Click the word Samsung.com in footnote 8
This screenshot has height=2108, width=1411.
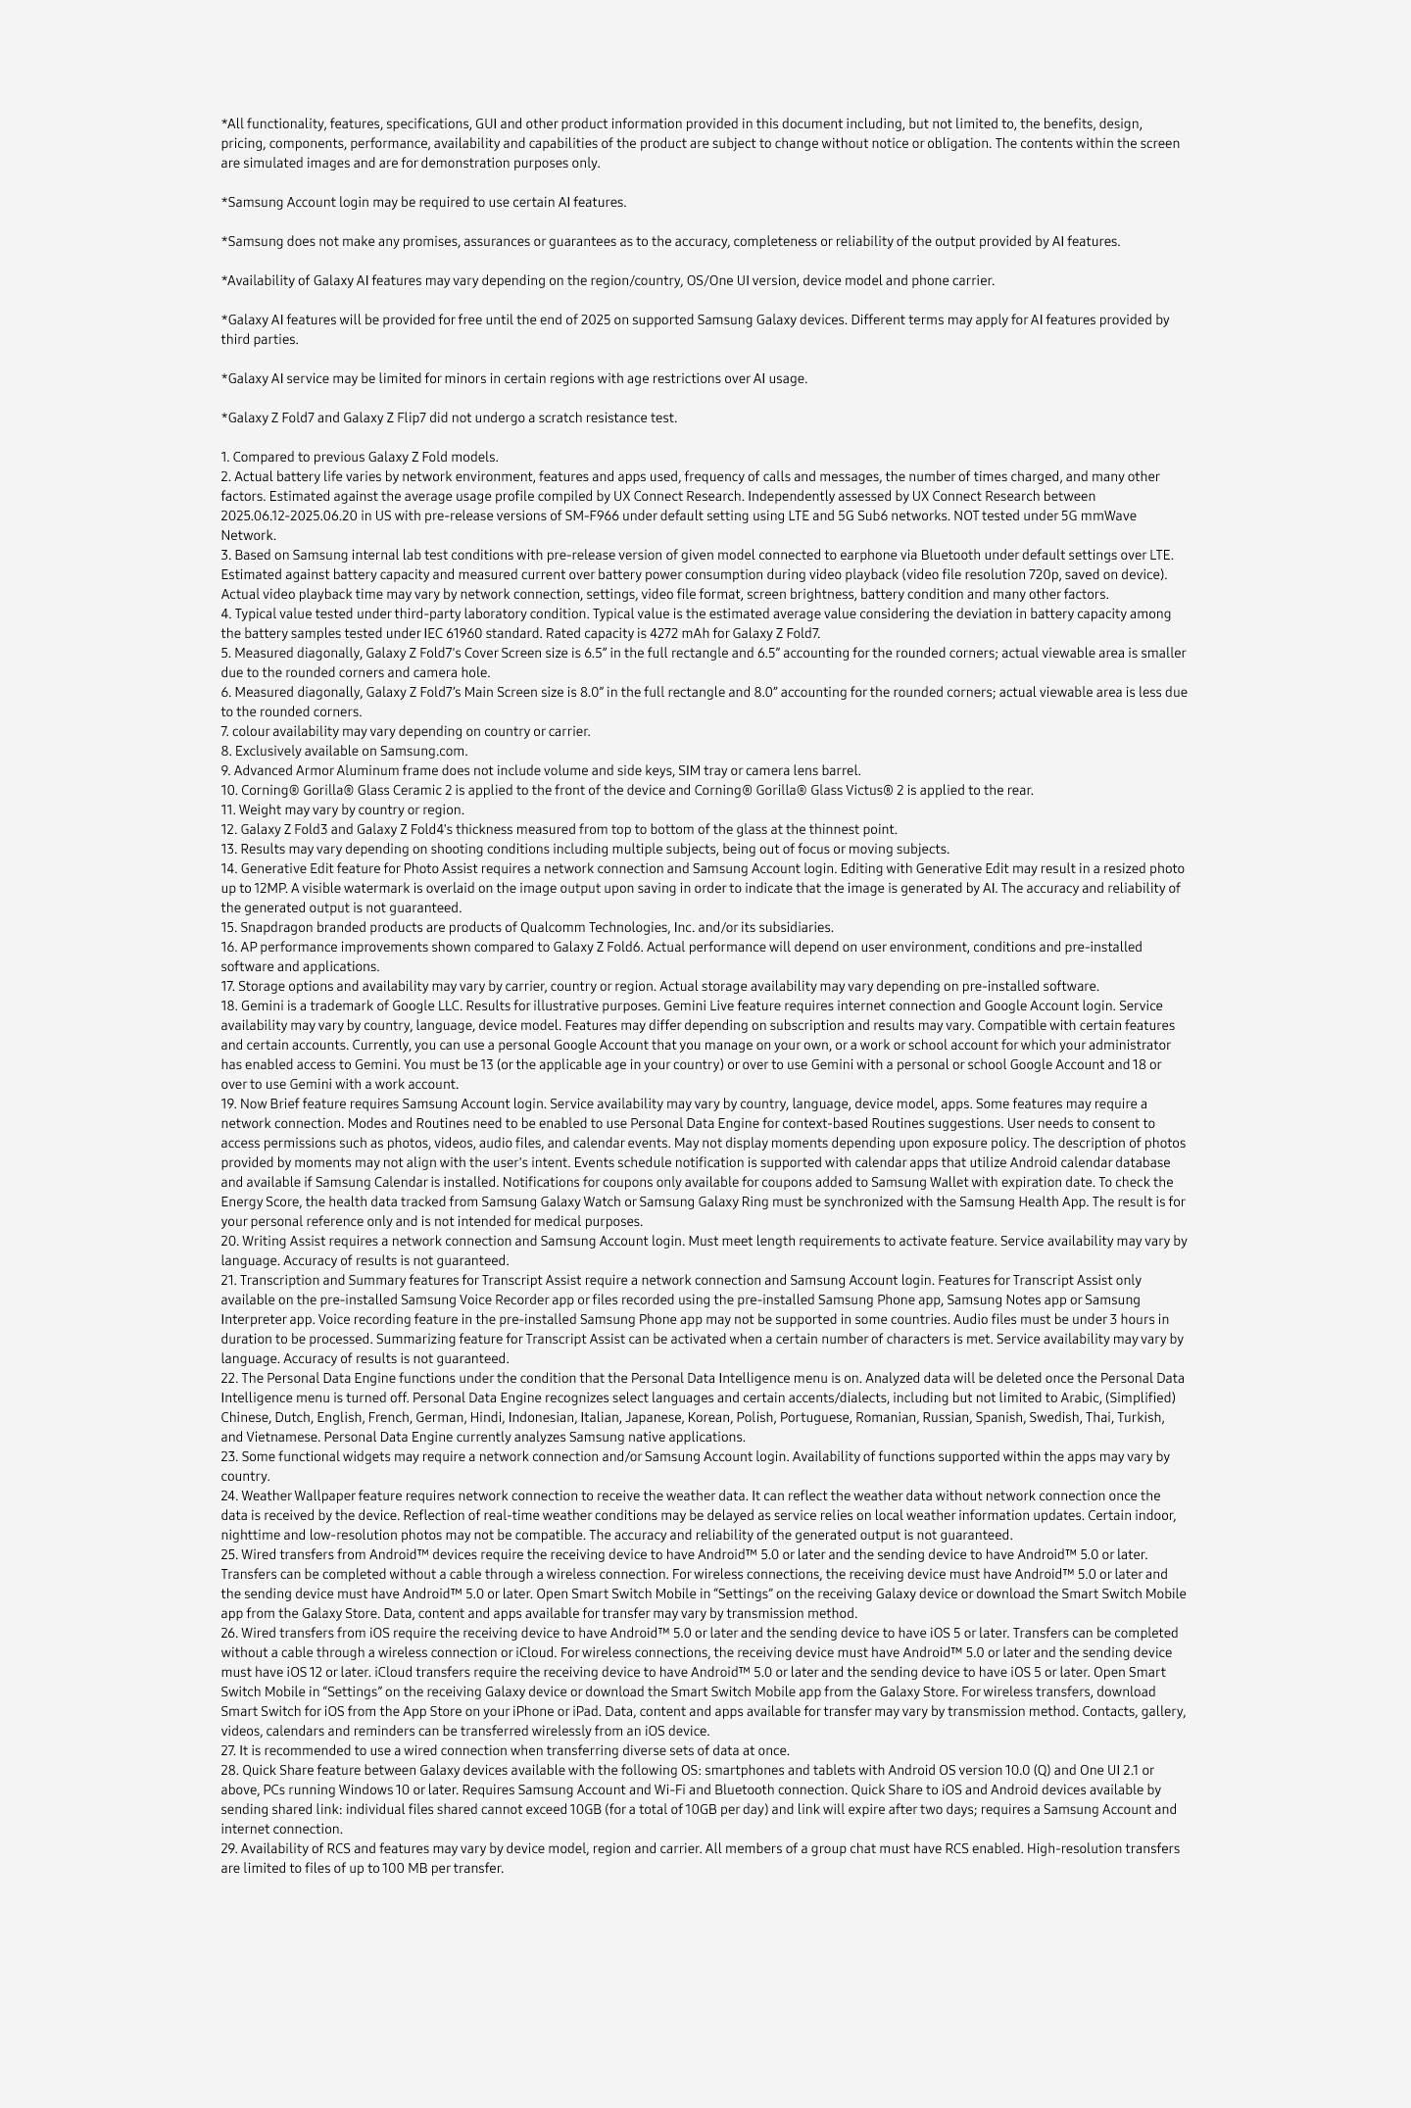423,751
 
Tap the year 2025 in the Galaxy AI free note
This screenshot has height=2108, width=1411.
595,319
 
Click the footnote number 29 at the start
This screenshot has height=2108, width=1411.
229,1848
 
